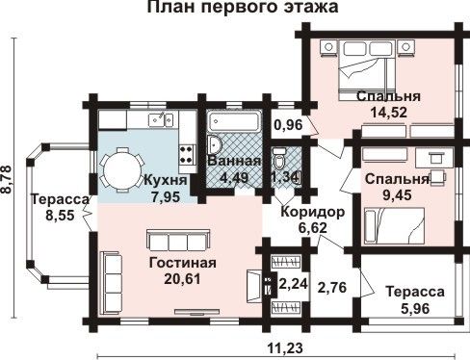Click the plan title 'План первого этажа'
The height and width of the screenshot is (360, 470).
[243, 7]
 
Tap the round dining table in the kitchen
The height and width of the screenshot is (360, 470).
[123, 169]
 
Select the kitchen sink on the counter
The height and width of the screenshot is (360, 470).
[161, 119]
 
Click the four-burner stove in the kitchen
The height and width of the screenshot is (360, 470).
[188, 154]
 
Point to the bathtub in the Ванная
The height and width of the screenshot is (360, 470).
[234, 121]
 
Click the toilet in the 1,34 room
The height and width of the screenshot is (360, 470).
[279, 158]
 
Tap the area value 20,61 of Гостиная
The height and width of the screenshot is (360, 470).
[182, 278]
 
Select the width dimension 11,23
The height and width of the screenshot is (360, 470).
[284, 347]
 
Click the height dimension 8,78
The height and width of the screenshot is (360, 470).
[7, 179]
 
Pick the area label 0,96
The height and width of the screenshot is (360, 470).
[288, 125]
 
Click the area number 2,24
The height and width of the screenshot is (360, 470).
[294, 284]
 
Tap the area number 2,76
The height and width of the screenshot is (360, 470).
[332, 287]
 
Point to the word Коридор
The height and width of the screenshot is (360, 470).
[313, 212]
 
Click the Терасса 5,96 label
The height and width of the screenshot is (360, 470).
[415, 300]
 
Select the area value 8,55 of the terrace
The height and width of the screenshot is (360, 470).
[60, 216]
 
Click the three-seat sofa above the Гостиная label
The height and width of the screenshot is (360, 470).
[178, 241]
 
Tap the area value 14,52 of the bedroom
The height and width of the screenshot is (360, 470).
[389, 112]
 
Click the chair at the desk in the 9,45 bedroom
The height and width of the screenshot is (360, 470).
[437, 177]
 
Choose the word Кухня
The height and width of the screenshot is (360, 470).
[166, 180]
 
